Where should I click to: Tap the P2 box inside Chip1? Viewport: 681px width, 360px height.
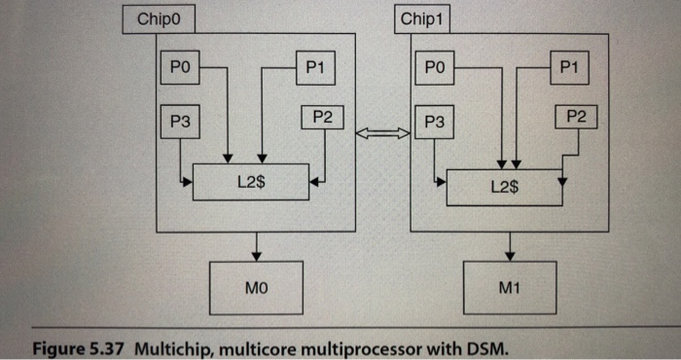[x=575, y=118]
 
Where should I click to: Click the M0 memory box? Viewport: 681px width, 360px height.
[x=255, y=287]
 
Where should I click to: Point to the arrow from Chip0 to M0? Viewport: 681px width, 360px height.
[x=256, y=246]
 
